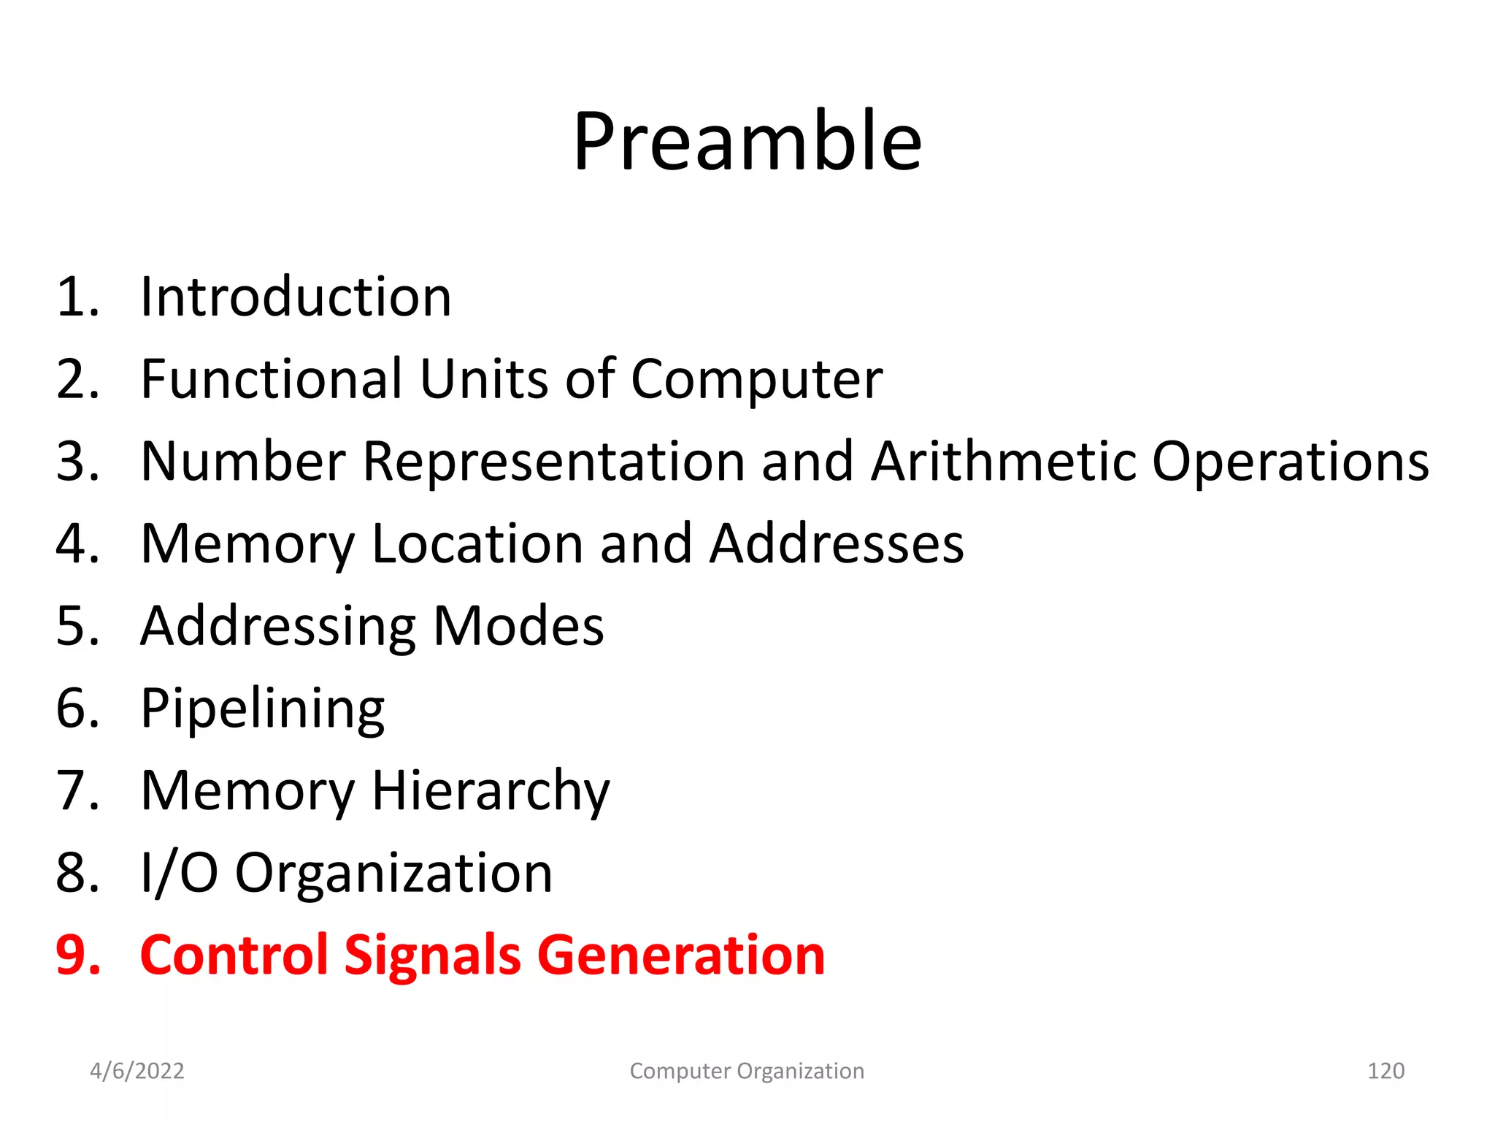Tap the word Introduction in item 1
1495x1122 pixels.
(x=296, y=297)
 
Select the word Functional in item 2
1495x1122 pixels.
(x=271, y=379)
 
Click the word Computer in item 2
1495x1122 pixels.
(x=756, y=381)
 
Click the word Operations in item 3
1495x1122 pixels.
(x=1290, y=463)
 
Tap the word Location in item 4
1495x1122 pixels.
(x=477, y=544)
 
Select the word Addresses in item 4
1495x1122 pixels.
(x=837, y=544)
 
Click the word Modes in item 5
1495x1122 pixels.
(x=518, y=627)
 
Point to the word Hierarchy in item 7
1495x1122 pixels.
(x=491, y=792)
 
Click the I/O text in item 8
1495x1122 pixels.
(x=179, y=873)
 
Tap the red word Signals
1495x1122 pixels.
(x=432, y=956)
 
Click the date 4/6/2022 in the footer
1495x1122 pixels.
(x=137, y=1071)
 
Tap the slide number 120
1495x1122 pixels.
(x=1386, y=1071)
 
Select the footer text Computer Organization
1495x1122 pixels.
(x=747, y=1071)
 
